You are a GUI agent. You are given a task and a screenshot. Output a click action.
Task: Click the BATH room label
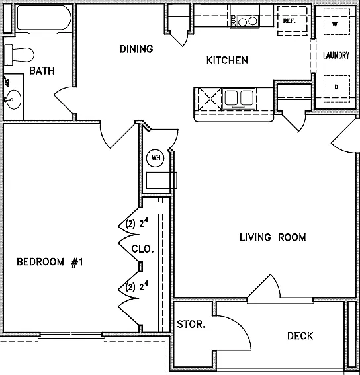click(x=42, y=71)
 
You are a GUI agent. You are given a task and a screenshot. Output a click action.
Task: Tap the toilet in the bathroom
click(x=19, y=55)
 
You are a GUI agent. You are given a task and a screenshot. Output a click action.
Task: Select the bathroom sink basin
click(x=13, y=99)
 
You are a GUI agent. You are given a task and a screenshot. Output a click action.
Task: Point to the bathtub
click(x=44, y=19)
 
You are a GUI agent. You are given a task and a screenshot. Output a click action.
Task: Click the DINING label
click(x=136, y=49)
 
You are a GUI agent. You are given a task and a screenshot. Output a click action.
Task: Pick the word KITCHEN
click(x=227, y=60)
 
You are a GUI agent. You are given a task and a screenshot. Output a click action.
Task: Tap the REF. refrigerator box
click(x=292, y=21)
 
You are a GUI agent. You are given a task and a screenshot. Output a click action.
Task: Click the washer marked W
click(x=337, y=22)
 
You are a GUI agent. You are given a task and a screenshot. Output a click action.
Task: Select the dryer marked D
click(x=337, y=89)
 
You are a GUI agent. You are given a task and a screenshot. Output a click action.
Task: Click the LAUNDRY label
click(x=336, y=56)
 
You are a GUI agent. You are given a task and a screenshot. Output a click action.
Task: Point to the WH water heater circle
click(x=156, y=158)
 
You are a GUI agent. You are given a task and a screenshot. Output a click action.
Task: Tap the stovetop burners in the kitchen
click(x=245, y=21)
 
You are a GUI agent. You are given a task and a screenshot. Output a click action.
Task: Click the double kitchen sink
click(x=239, y=99)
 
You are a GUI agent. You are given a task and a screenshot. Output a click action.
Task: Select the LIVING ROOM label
click(x=273, y=237)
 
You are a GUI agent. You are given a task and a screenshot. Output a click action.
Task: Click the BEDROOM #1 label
click(x=50, y=262)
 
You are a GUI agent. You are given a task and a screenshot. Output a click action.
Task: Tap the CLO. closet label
click(x=142, y=249)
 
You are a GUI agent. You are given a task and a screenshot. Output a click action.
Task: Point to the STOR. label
click(x=191, y=325)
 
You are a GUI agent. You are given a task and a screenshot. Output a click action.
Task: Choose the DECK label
click(x=300, y=336)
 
